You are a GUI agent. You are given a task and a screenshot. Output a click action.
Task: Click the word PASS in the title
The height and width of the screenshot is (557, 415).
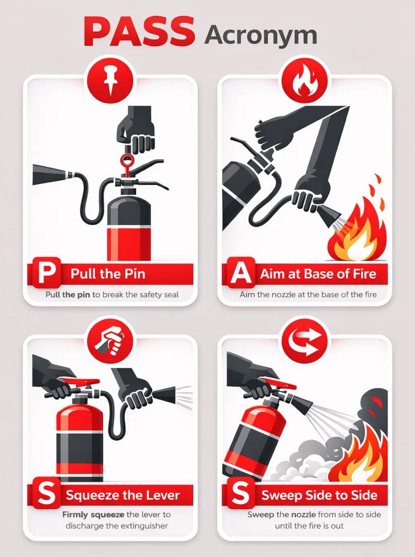[x=139, y=32]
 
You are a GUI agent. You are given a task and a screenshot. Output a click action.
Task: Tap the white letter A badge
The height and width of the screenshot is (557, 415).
[x=240, y=274]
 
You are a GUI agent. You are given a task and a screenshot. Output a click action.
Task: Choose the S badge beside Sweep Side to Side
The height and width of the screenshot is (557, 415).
[x=240, y=494]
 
